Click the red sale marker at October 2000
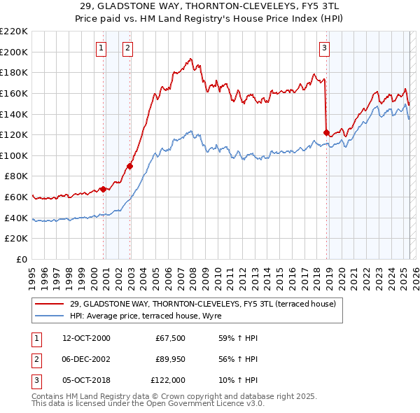(103, 189)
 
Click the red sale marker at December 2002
(129, 166)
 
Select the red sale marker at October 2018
(326, 132)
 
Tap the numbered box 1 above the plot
(101, 48)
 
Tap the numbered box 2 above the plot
(128, 48)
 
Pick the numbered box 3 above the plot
(325, 48)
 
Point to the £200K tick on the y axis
(14, 52)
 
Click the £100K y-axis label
(14, 156)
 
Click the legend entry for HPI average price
(146, 316)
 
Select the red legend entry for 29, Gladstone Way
(203, 304)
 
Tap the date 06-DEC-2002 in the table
(87, 359)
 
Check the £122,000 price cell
(168, 380)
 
